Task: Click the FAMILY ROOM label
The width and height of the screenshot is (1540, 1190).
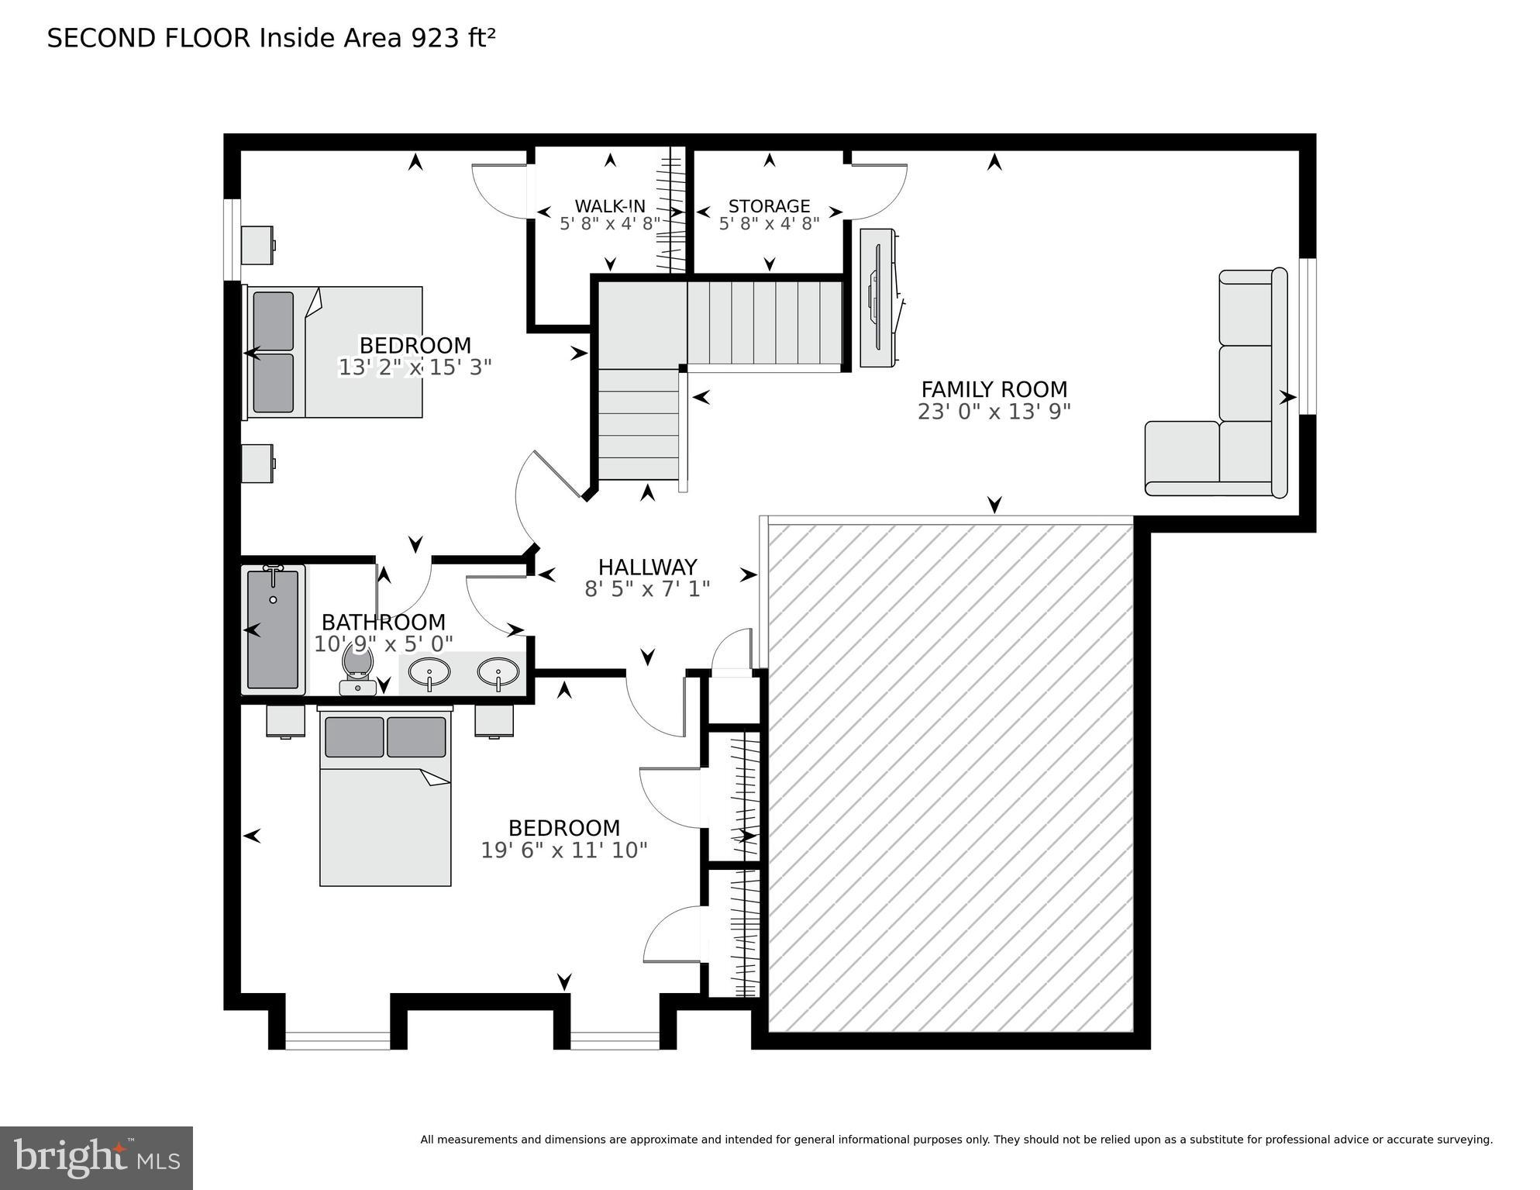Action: click(994, 389)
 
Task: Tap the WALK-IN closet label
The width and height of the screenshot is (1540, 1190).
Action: click(609, 206)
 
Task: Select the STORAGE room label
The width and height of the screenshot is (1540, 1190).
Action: click(769, 206)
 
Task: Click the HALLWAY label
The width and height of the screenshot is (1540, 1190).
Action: click(647, 567)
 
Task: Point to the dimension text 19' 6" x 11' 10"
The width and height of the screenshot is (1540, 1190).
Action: click(563, 850)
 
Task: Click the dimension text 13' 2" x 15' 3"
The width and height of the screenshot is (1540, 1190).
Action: click(415, 367)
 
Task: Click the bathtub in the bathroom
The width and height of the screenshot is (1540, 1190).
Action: click(273, 629)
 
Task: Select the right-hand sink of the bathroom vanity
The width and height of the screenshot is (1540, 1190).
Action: click(498, 673)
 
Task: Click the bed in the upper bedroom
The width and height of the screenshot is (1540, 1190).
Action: click(335, 353)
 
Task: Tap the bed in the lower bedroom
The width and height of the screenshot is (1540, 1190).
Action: click(385, 799)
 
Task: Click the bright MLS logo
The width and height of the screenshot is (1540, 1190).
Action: click(96, 1157)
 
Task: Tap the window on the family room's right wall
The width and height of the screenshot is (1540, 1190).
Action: click(1307, 336)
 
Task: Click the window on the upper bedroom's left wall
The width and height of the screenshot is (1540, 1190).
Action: click(232, 240)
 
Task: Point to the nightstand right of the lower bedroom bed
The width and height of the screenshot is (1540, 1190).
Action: click(494, 720)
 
